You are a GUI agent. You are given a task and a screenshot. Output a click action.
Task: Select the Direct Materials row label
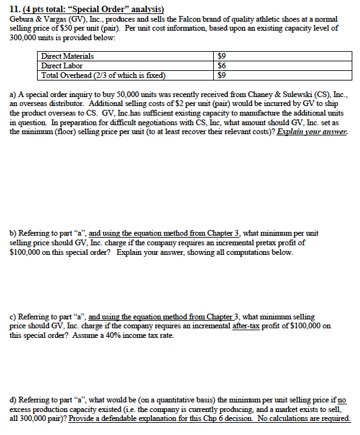click(67, 56)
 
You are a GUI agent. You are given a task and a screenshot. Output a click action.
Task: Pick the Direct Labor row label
click(62, 65)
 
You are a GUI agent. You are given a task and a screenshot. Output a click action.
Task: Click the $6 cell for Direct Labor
click(222, 65)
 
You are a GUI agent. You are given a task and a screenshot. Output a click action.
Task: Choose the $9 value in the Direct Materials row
click(222, 56)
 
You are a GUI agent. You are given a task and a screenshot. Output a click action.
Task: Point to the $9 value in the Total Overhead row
click(222, 74)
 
